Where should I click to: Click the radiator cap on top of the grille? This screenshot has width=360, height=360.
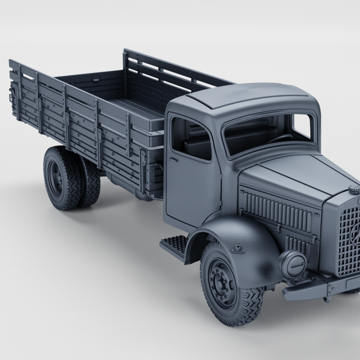(x=353, y=189)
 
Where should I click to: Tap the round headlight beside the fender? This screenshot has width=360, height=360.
(x=292, y=263)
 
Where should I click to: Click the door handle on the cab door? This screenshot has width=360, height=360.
(x=173, y=160)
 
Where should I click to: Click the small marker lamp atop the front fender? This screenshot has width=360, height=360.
(x=238, y=247)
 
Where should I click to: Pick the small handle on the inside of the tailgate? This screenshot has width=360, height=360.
(x=95, y=79)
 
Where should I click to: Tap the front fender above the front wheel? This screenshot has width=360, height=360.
(x=240, y=235)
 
